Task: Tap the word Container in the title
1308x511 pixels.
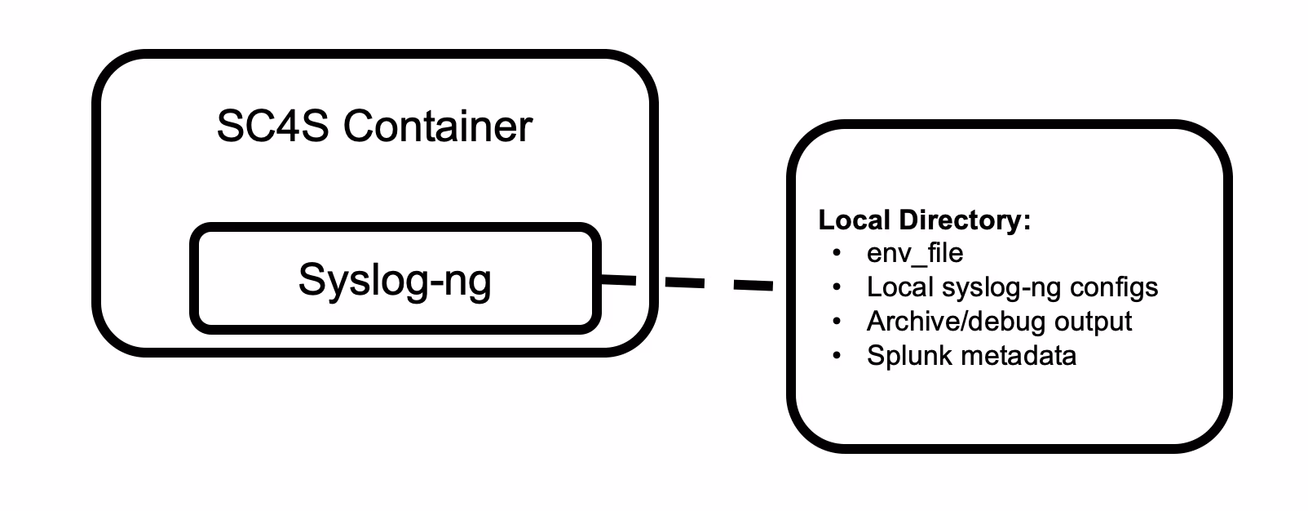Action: click(x=437, y=127)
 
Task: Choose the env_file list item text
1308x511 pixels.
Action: click(x=915, y=253)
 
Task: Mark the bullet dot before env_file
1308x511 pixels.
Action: click(x=836, y=253)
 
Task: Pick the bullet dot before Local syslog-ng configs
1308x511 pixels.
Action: click(x=836, y=287)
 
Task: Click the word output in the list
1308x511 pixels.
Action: click(x=1093, y=322)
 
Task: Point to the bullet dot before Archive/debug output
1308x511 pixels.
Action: click(x=836, y=322)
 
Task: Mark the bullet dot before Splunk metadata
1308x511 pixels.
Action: click(x=836, y=356)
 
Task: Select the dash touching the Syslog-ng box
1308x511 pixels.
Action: click(x=617, y=280)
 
